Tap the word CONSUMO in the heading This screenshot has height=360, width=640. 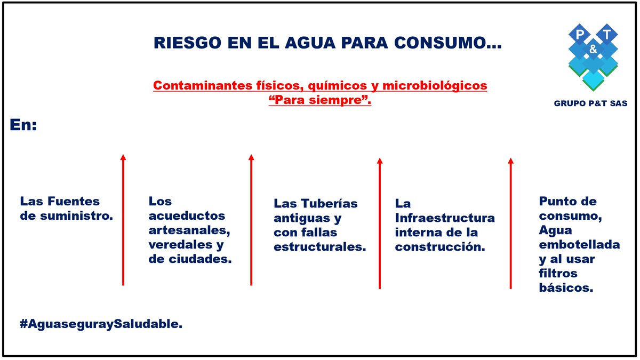[457, 44]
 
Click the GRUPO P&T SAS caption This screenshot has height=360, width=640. [590, 103]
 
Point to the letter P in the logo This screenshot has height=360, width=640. [579, 35]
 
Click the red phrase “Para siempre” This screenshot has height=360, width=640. [320, 100]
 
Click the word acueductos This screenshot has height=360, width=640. [187, 216]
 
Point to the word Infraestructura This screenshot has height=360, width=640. [445, 218]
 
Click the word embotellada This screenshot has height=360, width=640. [579, 245]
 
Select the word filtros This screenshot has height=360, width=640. [558, 274]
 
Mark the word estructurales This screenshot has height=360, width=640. [319, 247]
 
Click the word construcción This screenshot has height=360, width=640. [440, 247]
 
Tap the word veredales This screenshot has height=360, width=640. [179, 245]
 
